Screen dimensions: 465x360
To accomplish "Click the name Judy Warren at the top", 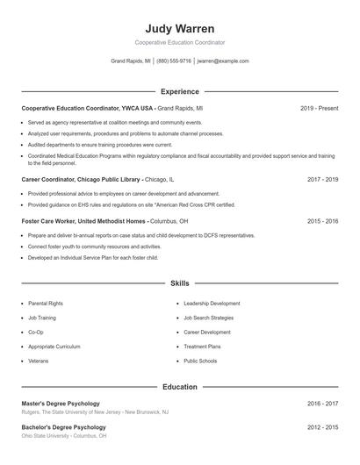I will pyautogui.click(x=179, y=28).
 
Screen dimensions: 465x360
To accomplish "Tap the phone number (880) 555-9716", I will pyautogui.click(x=174, y=61).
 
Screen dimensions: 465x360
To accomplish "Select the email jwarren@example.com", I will pyautogui.click(x=223, y=61).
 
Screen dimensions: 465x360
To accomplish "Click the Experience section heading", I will pyautogui.click(x=179, y=91).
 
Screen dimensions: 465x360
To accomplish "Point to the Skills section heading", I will pyautogui.click(x=179, y=284).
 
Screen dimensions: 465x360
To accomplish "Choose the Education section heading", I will pyautogui.click(x=179, y=386).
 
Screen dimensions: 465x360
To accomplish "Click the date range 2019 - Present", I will pyautogui.click(x=319, y=108).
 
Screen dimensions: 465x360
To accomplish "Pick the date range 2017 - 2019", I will pyautogui.click(x=322, y=179).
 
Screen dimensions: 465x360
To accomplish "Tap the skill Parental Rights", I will pyautogui.click(x=46, y=304).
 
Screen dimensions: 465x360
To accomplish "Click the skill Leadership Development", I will pyautogui.click(x=212, y=304).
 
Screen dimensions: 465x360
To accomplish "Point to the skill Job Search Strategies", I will pyautogui.click(x=209, y=318).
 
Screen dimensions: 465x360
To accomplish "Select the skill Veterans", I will pyautogui.click(x=39, y=361).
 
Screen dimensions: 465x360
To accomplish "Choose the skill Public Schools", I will pyautogui.click(x=200, y=361).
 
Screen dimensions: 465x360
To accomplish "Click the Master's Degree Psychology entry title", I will pyautogui.click(x=61, y=404).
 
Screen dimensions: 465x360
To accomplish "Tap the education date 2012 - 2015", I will pyautogui.click(x=322, y=427).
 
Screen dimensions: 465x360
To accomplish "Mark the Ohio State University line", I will pyautogui.click(x=64, y=435).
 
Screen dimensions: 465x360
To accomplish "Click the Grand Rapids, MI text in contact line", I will pyautogui.click(x=130, y=61).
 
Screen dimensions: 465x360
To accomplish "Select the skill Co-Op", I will pyautogui.click(x=36, y=333).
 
